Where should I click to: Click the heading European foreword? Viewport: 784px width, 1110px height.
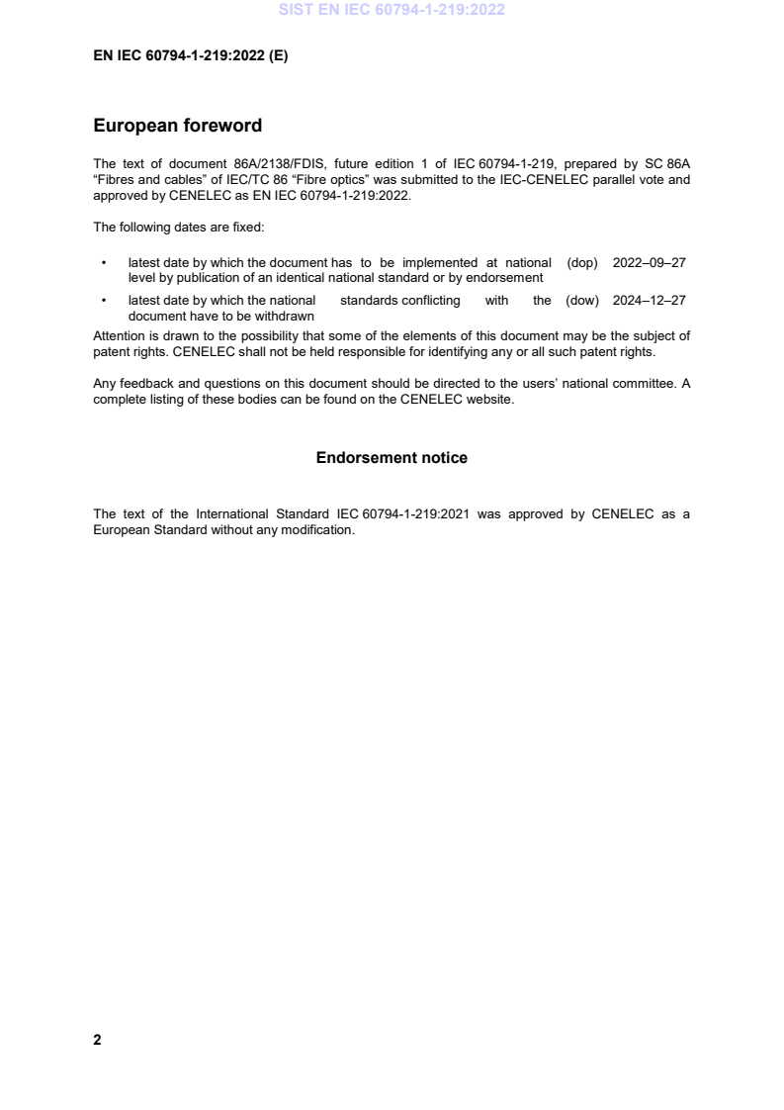point(177,126)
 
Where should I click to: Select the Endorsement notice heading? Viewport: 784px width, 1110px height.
point(392,458)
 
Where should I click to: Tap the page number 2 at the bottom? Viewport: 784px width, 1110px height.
point(97,1040)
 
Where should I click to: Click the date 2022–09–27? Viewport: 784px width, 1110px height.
point(650,262)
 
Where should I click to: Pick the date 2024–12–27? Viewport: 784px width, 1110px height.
point(650,301)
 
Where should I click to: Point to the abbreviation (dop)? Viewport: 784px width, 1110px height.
point(583,262)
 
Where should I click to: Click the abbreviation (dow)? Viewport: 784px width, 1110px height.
point(582,301)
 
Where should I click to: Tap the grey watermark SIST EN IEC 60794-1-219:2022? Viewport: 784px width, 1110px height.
point(392,10)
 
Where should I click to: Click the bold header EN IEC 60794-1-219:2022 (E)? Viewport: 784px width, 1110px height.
point(190,56)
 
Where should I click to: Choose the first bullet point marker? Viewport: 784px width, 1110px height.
point(104,263)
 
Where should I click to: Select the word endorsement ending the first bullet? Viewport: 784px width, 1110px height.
point(504,277)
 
